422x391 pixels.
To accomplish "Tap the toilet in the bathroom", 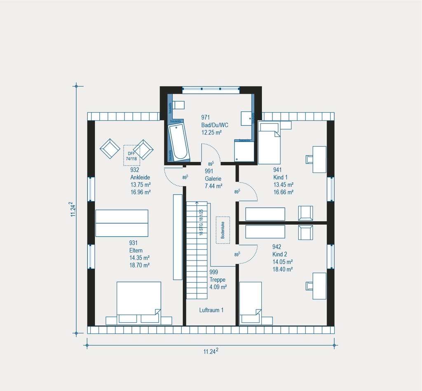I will (x=178, y=105).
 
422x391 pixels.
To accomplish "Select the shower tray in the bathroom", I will (x=243, y=151).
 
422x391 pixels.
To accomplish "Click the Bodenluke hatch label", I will (x=223, y=230).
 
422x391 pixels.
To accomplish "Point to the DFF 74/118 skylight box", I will (x=131, y=155).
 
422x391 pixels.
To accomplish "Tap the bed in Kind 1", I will (x=270, y=147).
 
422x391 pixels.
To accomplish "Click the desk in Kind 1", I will (x=319, y=159).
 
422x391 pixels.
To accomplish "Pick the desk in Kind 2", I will (x=319, y=286).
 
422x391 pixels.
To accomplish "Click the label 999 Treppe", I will (x=217, y=279).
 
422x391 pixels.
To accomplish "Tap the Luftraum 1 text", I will (x=211, y=310).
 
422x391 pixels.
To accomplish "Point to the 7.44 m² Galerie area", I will (x=213, y=186).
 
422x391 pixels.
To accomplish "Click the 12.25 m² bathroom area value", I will (x=211, y=133).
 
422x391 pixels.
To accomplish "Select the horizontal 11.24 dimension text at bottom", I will (x=211, y=351).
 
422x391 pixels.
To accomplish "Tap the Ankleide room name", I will (x=140, y=177).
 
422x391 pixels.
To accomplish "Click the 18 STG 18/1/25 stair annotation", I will (x=201, y=222).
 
